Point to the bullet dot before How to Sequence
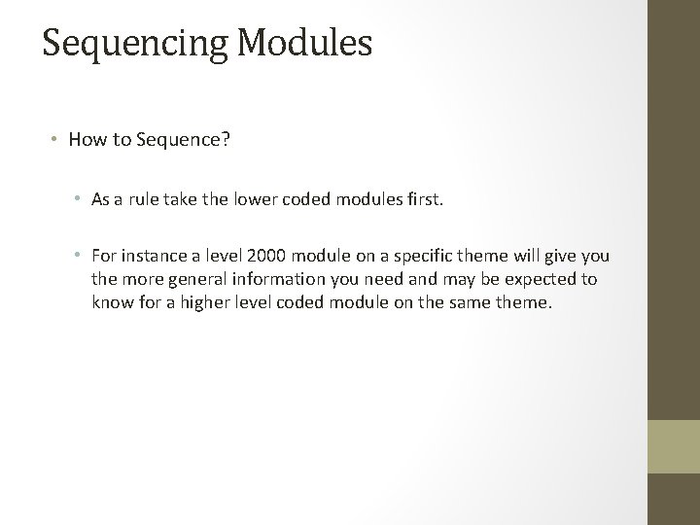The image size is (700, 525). coord(56,139)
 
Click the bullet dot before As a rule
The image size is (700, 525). coord(79,201)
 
